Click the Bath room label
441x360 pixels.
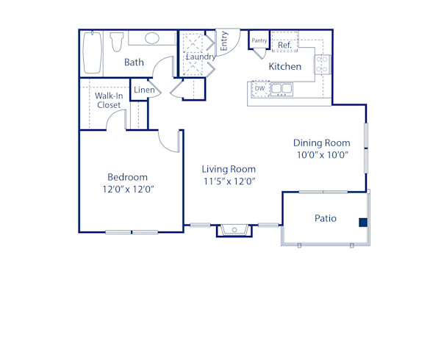pyautogui.click(x=134, y=62)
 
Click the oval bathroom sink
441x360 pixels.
pyautogui.click(x=152, y=38)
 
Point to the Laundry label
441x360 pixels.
pyautogui.click(x=200, y=57)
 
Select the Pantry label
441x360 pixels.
pyautogui.click(x=259, y=40)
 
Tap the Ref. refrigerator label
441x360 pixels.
pyautogui.click(x=285, y=45)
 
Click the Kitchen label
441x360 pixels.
pyautogui.click(x=284, y=66)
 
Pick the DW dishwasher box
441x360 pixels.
pyautogui.click(x=259, y=89)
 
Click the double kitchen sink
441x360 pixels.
pyautogui.click(x=281, y=89)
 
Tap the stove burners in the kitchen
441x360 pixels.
pyautogui.click(x=323, y=65)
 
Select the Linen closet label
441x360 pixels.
pyautogui.click(x=143, y=90)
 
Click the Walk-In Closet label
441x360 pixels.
pyautogui.click(x=109, y=100)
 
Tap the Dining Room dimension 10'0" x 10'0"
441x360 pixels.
pyautogui.click(x=321, y=155)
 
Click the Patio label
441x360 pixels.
pyautogui.click(x=326, y=218)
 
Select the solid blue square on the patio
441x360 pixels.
pyautogui.click(x=362, y=222)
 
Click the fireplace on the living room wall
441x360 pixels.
pyautogui.click(x=234, y=230)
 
